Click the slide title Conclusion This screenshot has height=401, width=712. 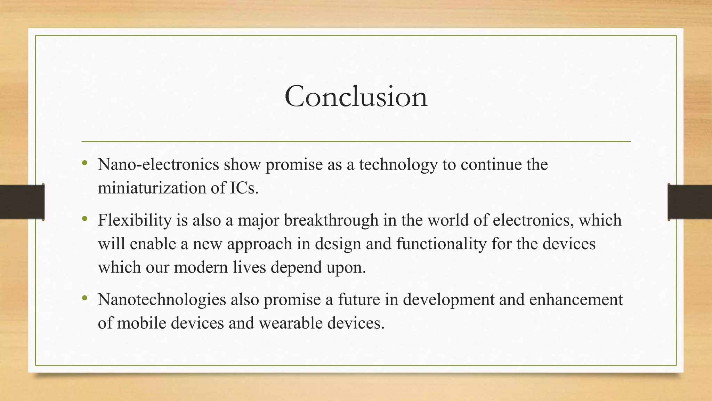tap(356, 96)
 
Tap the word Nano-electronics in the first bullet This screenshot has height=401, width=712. tap(158, 164)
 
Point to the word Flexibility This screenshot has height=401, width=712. tap(135, 220)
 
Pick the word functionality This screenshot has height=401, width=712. tap(441, 244)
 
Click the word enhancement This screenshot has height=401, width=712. tap(576, 300)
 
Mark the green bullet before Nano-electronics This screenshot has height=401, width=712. tap(84, 163)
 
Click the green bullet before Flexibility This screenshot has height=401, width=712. tap(84, 219)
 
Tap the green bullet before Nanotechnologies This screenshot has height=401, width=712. tap(84, 298)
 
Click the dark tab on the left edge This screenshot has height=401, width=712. tap(22, 202)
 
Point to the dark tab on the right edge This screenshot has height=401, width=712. tap(690, 202)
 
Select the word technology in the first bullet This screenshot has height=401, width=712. tap(398, 164)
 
